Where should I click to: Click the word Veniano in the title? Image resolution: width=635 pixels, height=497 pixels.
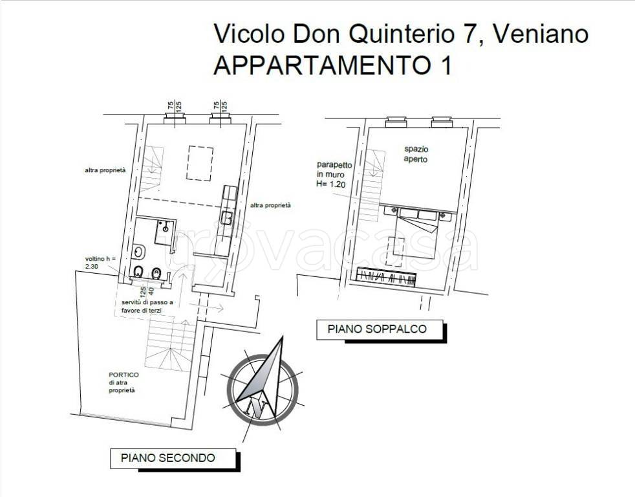(541, 34)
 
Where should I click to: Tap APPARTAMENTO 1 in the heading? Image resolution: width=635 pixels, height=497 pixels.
(332, 65)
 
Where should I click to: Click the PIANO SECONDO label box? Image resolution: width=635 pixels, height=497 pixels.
(167, 458)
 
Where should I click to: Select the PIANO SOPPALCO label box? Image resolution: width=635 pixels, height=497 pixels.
(377, 329)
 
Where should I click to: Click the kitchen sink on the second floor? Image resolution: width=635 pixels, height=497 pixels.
(227, 218)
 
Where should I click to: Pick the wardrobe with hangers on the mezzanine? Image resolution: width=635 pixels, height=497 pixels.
(387, 276)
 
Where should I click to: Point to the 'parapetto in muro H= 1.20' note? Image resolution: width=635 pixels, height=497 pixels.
(335, 173)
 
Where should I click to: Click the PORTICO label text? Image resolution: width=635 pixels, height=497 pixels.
(124, 382)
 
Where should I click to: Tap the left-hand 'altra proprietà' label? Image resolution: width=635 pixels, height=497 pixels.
(104, 170)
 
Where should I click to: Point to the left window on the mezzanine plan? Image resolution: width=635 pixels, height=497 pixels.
(395, 121)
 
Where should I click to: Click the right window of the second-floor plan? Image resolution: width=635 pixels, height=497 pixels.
(221, 118)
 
